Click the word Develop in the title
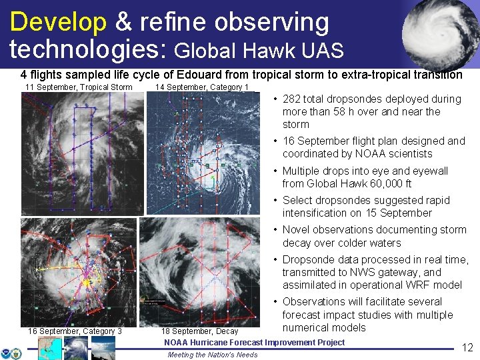(57, 22)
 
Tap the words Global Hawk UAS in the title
(259, 50)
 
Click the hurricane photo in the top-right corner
(441, 33)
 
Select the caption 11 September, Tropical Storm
(78, 87)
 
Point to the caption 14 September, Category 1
(201, 87)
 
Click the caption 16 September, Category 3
(75, 331)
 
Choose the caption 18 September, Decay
(199, 331)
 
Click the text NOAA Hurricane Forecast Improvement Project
(254, 343)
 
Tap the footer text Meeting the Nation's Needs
(212, 355)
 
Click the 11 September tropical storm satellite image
(82, 153)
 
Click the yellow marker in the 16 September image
(86, 283)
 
